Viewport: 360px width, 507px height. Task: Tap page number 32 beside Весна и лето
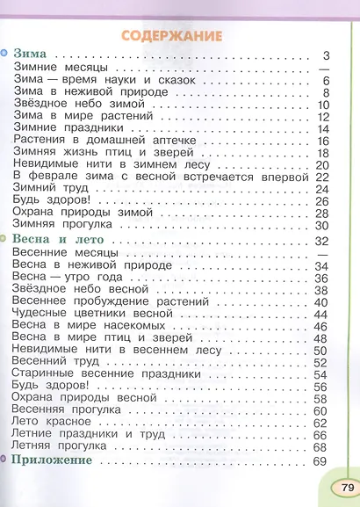point(320,240)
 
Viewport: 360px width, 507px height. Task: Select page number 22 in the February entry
point(320,177)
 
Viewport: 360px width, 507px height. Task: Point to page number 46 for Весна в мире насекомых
point(320,325)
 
